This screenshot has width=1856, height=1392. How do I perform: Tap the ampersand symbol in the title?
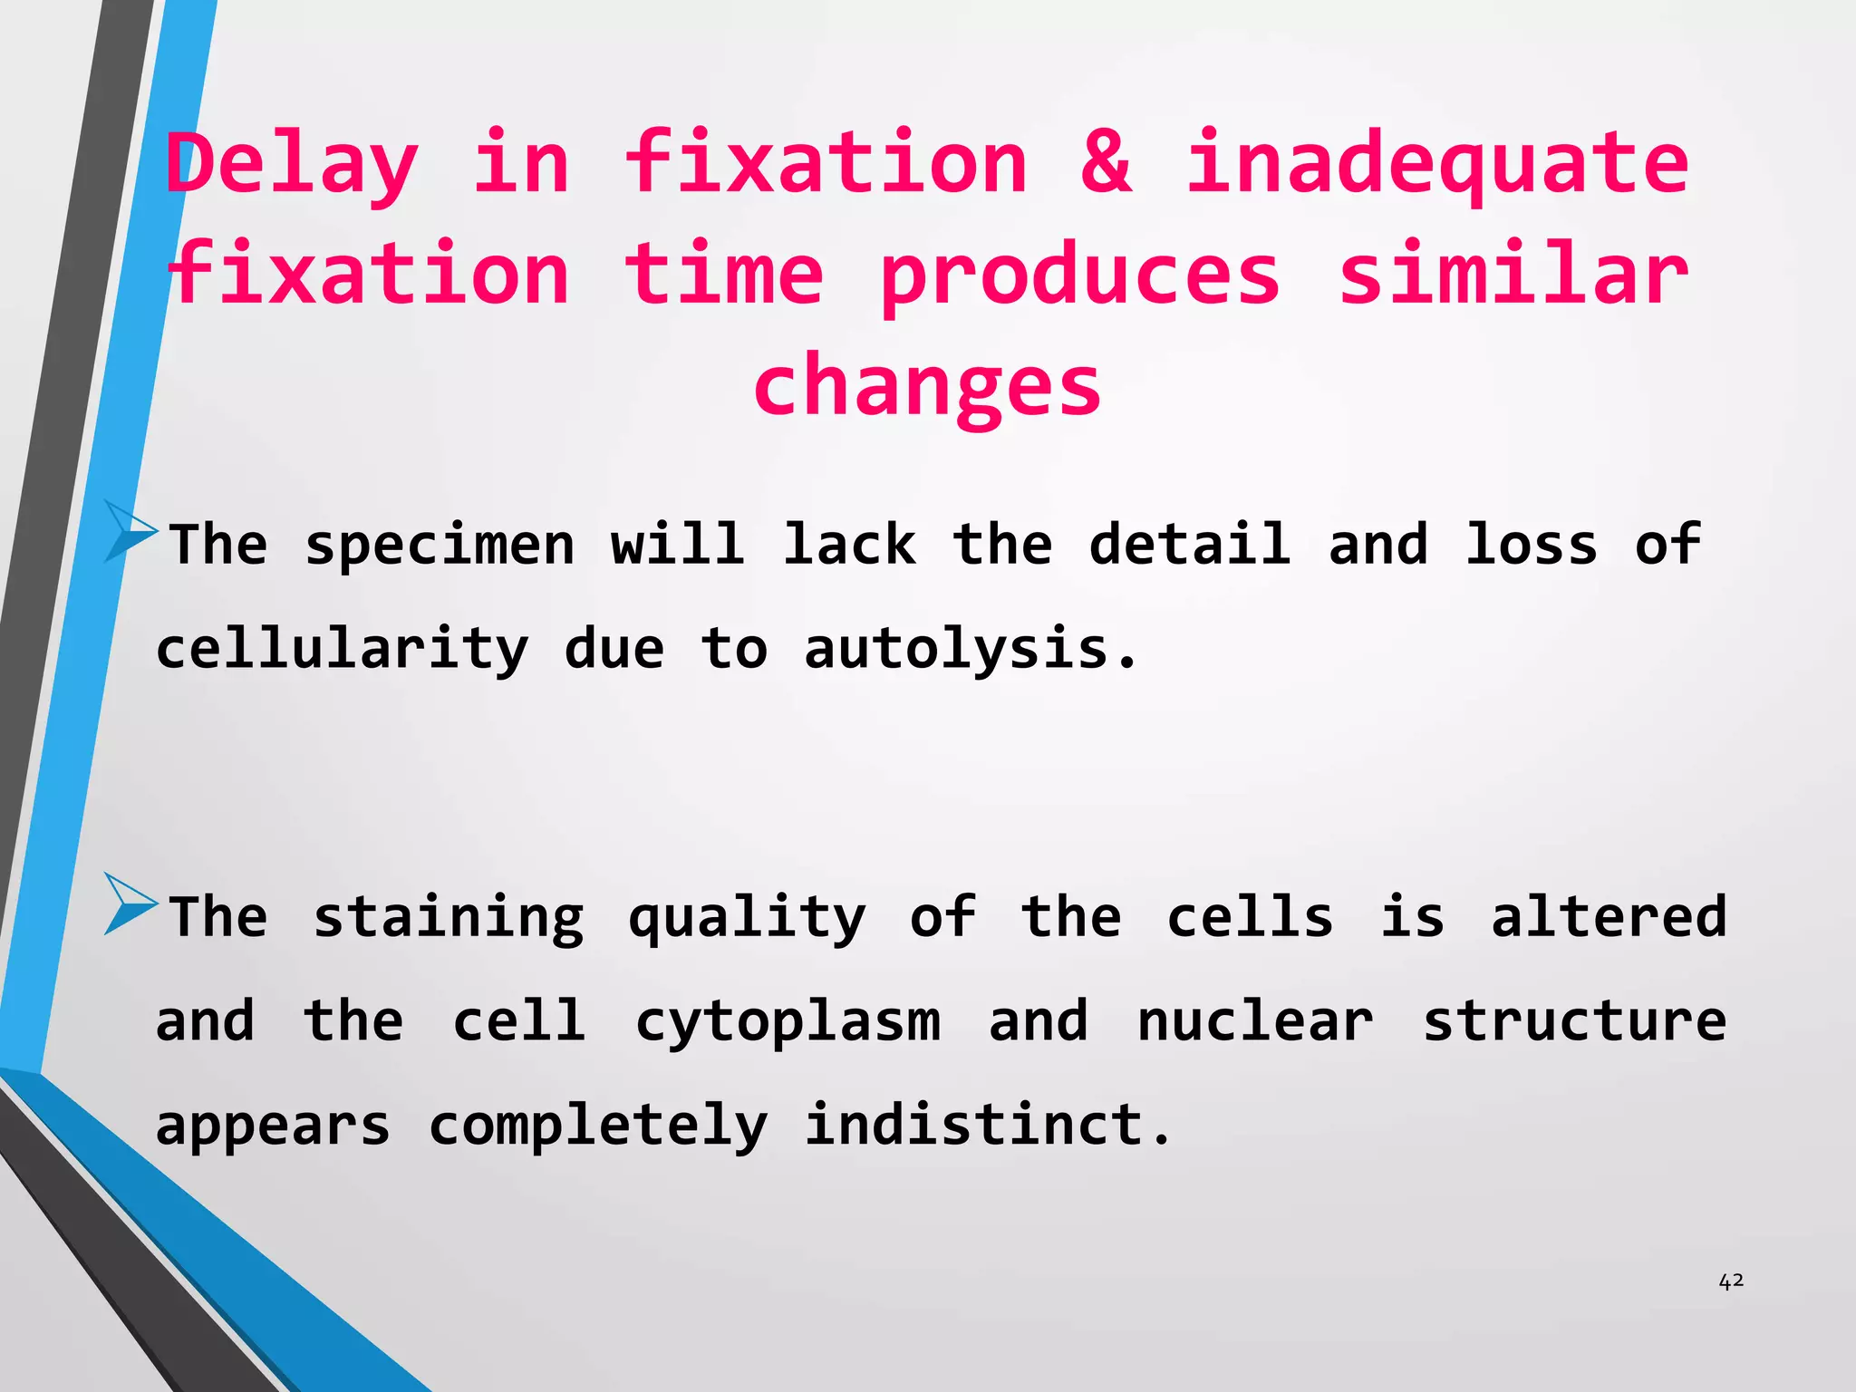[1107, 163]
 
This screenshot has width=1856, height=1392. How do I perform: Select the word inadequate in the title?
[1437, 163]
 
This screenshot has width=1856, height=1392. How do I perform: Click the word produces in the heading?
[1079, 275]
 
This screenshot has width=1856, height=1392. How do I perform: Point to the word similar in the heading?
[1513, 275]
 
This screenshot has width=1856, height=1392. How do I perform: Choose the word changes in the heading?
[927, 386]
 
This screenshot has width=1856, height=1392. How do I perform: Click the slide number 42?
[1731, 1281]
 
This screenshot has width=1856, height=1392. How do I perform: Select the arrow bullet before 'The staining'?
[130, 903]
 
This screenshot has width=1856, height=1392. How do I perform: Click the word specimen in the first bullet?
[440, 546]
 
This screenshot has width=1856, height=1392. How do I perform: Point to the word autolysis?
[970, 651]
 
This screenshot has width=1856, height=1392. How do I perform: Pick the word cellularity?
[342, 651]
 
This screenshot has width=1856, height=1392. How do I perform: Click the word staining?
[449, 917]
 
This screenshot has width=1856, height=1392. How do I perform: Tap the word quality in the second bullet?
[747, 917]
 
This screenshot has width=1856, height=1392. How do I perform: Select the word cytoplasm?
[788, 1022]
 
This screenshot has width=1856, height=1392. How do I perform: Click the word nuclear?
[1255, 1022]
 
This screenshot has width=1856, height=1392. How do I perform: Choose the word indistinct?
[987, 1126]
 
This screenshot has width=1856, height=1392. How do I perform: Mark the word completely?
[598, 1126]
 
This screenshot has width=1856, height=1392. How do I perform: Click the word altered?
[1609, 917]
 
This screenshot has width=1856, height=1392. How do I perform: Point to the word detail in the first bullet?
[1189, 546]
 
